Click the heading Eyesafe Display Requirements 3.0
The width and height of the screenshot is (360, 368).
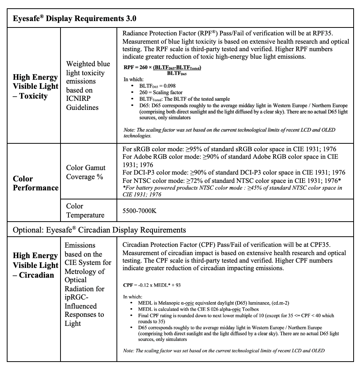point(74,18)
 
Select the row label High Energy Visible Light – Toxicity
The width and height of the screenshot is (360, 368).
point(35,87)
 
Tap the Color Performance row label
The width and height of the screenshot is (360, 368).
point(35,183)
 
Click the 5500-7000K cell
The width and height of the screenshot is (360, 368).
point(139,211)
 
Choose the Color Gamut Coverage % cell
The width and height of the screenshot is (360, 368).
point(86,172)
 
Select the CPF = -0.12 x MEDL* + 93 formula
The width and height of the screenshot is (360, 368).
point(152,285)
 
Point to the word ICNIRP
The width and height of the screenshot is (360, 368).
point(81,99)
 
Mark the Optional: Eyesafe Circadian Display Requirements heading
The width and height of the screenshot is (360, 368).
point(99,230)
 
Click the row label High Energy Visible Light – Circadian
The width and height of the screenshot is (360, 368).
point(35,265)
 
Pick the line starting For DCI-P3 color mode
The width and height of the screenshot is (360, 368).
point(234,172)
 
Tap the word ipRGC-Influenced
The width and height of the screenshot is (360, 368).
point(80,302)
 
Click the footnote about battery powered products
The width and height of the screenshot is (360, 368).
point(232,191)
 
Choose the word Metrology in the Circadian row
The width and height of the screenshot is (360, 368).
point(85,271)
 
